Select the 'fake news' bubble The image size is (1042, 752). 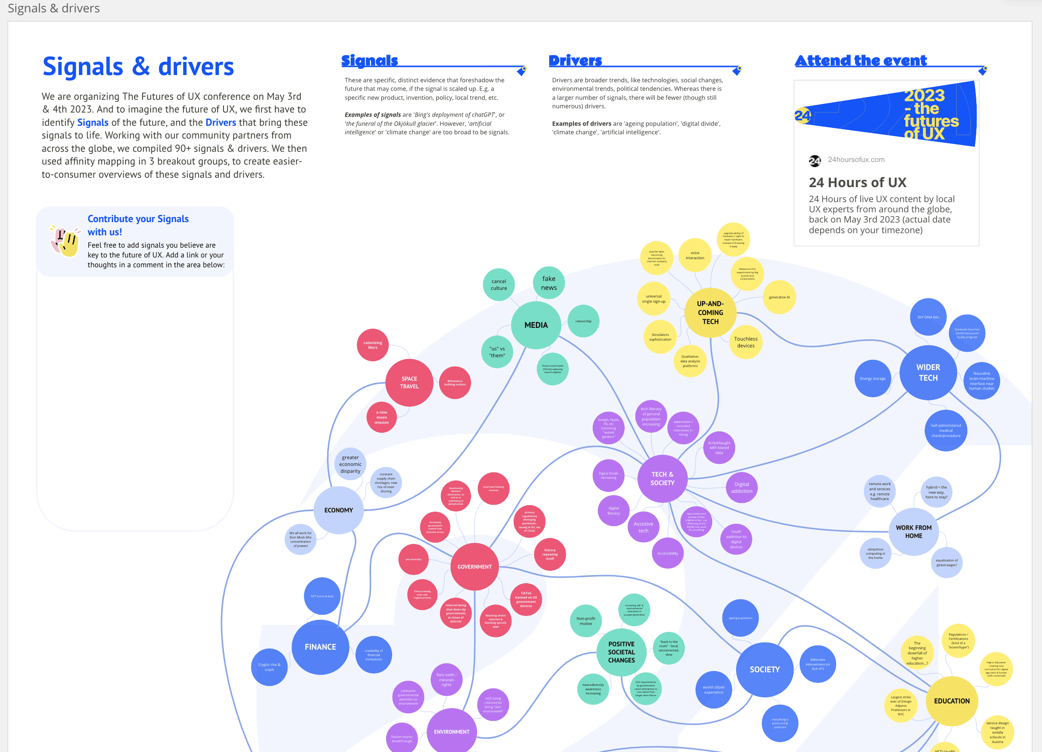click(x=549, y=283)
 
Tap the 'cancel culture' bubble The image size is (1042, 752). click(x=498, y=285)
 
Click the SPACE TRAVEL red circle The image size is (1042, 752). click(x=409, y=382)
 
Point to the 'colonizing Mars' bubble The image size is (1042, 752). click(x=373, y=345)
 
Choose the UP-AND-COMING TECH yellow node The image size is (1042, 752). click(x=710, y=312)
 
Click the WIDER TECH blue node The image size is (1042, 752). click(x=928, y=372)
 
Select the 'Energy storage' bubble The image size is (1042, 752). click(x=873, y=378)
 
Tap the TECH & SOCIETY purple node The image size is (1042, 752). click(x=662, y=478)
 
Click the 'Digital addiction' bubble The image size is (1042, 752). click(x=742, y=487)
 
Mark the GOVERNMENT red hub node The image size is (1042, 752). click(x=474, y=567)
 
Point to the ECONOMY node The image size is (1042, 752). click(x=339, y=510)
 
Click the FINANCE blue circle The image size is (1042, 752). click(x=320, y=647)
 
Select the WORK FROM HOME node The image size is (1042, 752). click(x=914, y=532)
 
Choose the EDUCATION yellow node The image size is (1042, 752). click(x=952, y=700)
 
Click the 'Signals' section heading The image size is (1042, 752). click(x=370, y=60)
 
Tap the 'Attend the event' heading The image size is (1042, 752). click(x=861, y=60)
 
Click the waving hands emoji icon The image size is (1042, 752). click(x=65, y=240)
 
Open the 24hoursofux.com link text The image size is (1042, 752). click(x=856, y=159)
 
